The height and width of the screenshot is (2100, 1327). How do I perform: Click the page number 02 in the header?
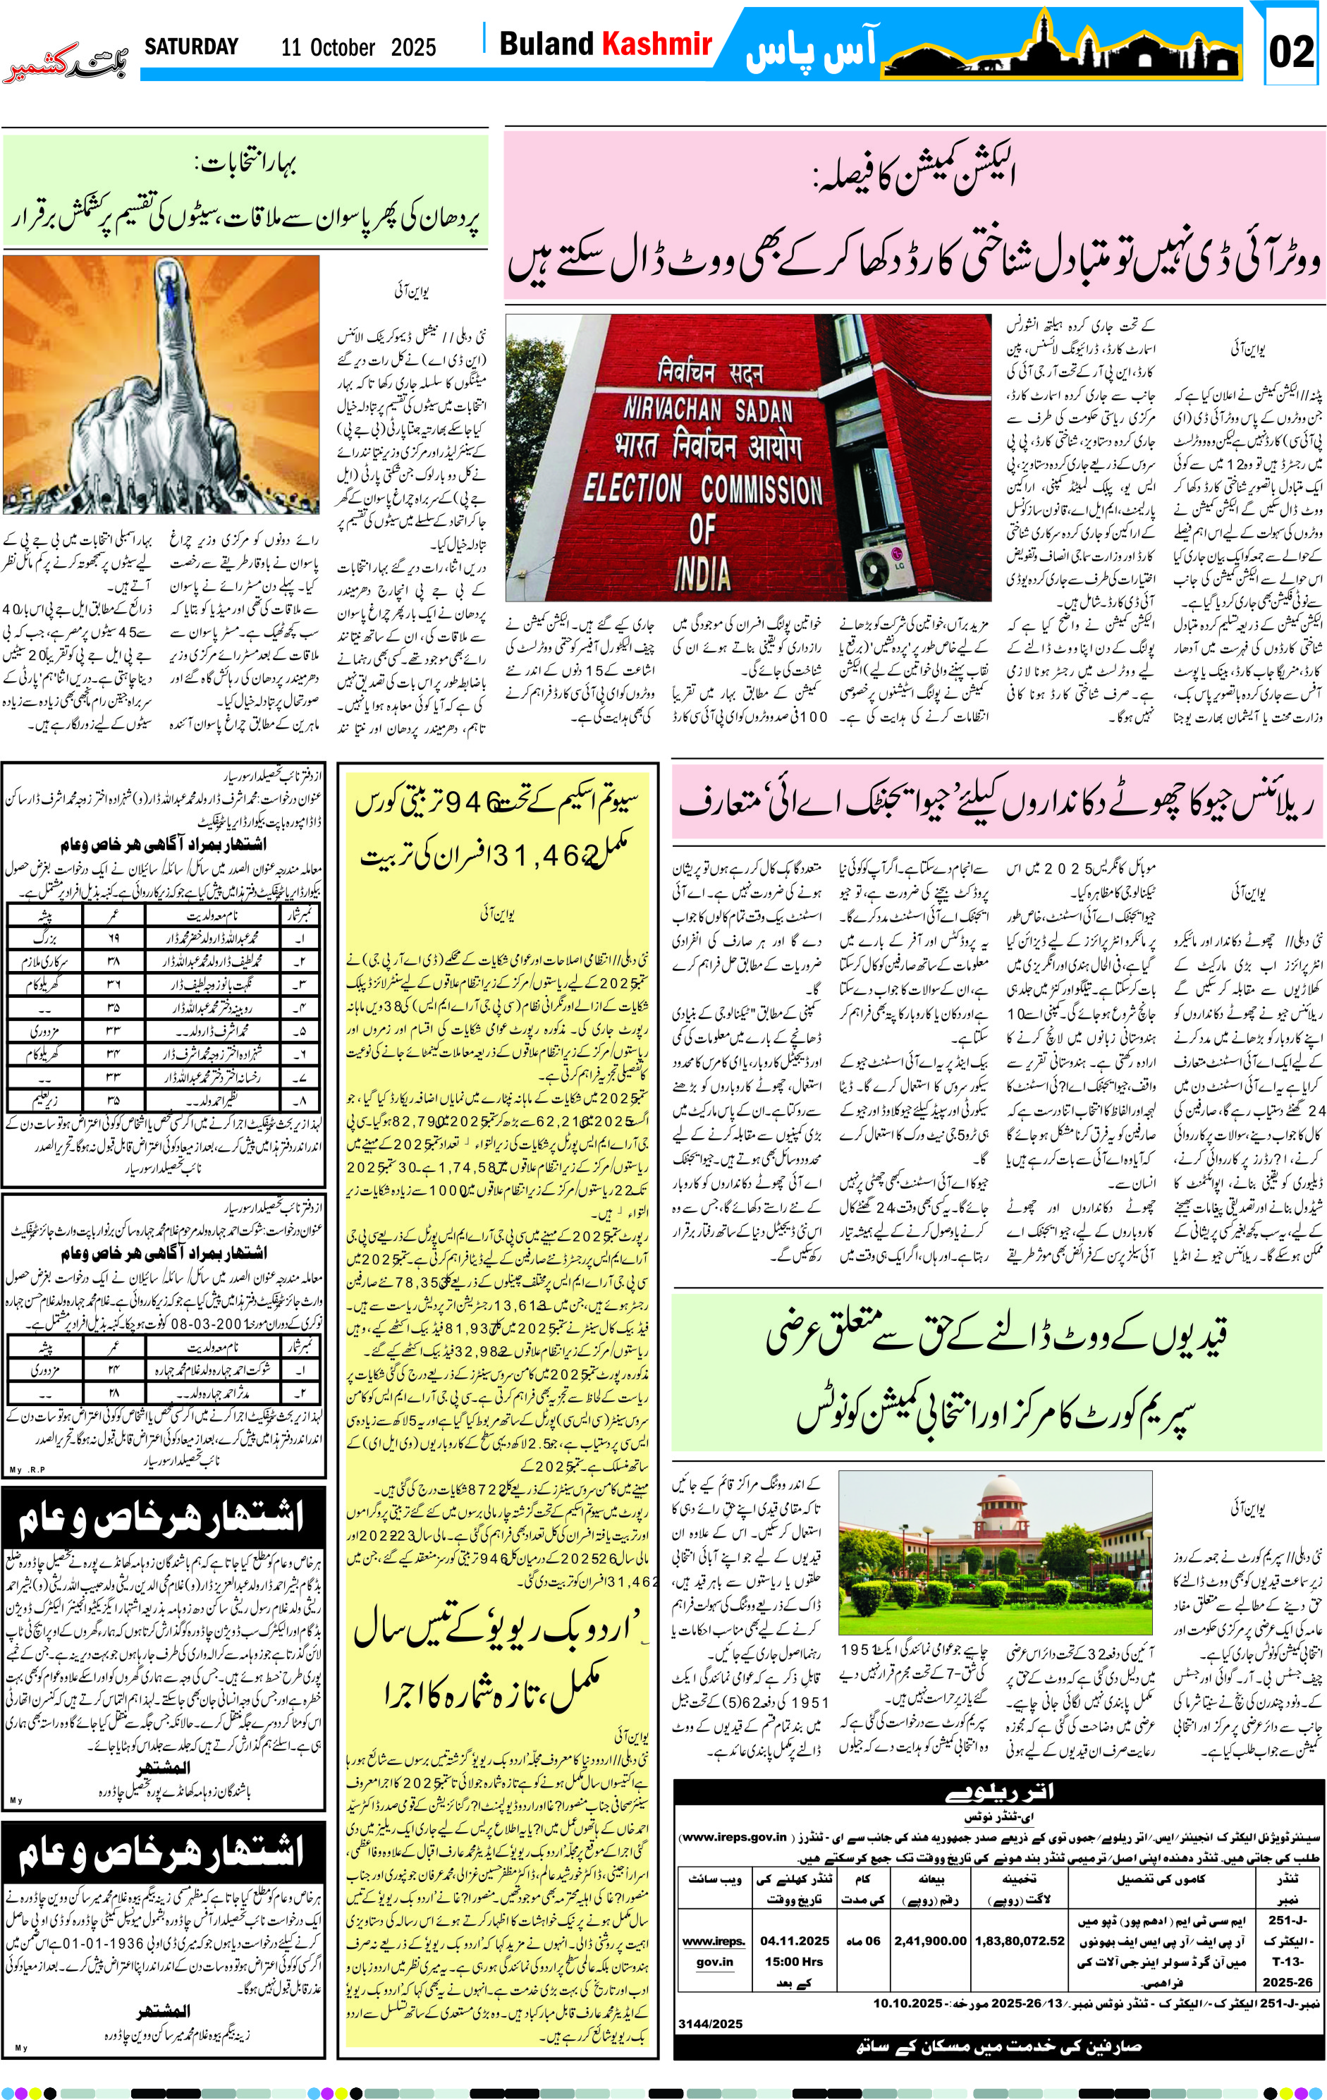tap(1291, 51)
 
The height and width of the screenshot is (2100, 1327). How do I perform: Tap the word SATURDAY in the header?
tap(191, 47)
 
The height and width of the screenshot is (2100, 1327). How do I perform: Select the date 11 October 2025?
tap(358, 48)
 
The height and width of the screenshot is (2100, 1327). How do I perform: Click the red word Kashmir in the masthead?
tap(657, 44)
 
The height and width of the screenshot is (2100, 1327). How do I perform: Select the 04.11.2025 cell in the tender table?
tap(794, 1941)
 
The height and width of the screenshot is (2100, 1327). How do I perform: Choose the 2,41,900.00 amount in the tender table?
tap(930, 1941)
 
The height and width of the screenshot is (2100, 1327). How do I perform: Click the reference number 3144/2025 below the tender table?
tap(710, 2024)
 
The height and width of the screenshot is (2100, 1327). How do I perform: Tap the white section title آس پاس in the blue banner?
tap(810, 51)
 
